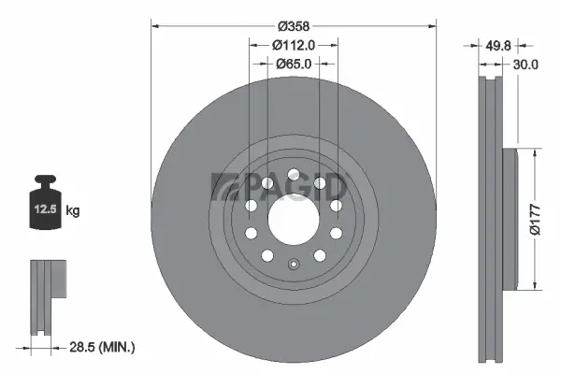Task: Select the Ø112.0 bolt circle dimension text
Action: pos(293,43)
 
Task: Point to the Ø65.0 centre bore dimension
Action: pos(294,64)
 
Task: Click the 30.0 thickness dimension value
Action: pos(525,65)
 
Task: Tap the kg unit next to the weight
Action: pos(74,211)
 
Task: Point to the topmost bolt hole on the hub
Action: pos(293,174)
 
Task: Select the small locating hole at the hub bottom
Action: pos(293,263)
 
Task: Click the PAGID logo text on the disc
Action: pos(280,186)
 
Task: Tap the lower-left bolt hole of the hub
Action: pos(266,254)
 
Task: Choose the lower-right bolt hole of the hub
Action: pos(320,254)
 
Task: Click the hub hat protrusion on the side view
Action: pos(510,219)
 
